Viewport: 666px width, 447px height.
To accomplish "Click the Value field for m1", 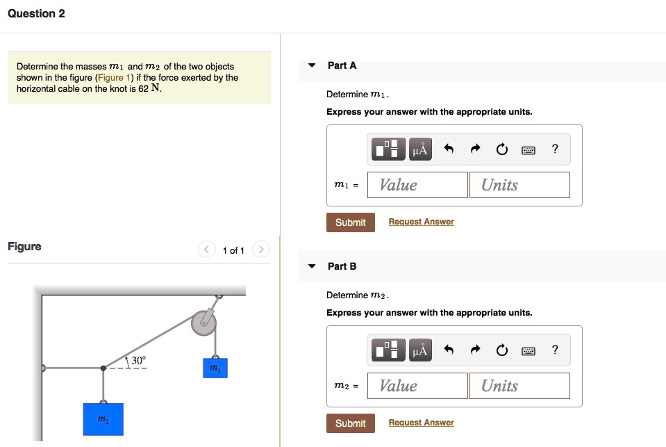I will pos(417,185).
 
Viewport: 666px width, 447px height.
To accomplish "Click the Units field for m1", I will pos(519,185).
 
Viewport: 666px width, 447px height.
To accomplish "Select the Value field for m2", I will pos(417,386).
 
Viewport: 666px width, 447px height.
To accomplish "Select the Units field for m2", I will pos(519,386).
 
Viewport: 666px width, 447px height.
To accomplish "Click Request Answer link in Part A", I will pos(421,222).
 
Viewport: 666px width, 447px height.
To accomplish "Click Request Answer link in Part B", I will pos(421,423).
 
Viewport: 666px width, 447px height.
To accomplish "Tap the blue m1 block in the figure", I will pos(215,368).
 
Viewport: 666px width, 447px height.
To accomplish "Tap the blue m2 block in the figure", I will pos(103,419).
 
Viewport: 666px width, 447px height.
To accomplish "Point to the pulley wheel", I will pos(204,322).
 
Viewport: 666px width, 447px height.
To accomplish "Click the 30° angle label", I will pos(138,360).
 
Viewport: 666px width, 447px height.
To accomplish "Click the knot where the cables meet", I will pos(103,368).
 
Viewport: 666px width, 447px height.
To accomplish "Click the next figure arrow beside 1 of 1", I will pos(260,250).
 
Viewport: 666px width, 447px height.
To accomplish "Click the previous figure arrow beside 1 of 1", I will pos(206,250).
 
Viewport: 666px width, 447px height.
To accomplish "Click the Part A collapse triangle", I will pos(312,65).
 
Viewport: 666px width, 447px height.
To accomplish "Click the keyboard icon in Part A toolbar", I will pos(528,149).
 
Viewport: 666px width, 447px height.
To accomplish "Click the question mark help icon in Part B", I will pos(554,350).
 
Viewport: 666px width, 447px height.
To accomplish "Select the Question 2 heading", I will pos(37,14).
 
